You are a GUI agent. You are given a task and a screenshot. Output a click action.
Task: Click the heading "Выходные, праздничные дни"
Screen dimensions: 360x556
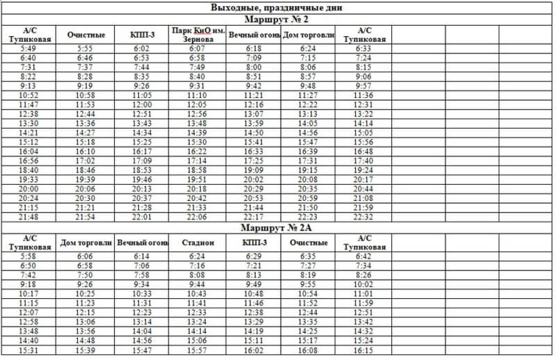point(278,8)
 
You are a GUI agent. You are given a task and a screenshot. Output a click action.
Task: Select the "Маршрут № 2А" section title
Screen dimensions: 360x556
point(278,227)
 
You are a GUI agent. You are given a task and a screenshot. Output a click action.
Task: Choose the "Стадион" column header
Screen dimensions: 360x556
point(197,243)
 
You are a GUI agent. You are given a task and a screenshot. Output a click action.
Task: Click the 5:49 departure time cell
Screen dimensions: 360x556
point(28,49)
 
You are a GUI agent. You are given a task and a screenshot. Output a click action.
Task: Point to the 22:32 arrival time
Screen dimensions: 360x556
point(363,217)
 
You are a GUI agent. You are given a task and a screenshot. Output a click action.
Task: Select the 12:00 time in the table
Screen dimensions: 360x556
point(142,104)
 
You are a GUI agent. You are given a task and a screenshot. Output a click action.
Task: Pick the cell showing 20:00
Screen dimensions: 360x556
point(28,189)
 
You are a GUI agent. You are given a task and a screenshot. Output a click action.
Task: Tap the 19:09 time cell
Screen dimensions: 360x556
point(254,170)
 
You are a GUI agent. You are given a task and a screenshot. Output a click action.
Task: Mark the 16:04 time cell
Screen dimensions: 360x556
point(28,152)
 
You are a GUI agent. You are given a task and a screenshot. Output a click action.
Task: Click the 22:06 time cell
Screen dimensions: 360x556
point(197,217)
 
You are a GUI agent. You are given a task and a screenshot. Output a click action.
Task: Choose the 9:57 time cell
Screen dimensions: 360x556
point(363,86)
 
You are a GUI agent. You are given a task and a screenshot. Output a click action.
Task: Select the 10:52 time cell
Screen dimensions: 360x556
point(28,95)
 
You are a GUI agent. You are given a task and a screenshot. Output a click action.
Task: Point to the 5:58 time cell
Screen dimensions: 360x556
point(28,256)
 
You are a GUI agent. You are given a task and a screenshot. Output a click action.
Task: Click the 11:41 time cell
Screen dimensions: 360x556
point(197,304)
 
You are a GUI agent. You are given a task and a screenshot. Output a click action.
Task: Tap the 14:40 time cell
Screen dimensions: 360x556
point(28,341)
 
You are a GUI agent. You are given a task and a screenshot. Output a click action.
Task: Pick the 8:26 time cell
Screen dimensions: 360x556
point(363,275)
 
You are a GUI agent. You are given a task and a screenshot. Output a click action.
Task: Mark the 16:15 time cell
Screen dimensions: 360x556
point(363,351)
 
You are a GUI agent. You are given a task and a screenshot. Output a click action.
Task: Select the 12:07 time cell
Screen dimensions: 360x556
point(28,313)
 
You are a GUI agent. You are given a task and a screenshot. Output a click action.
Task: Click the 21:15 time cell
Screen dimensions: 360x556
point(28,208)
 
